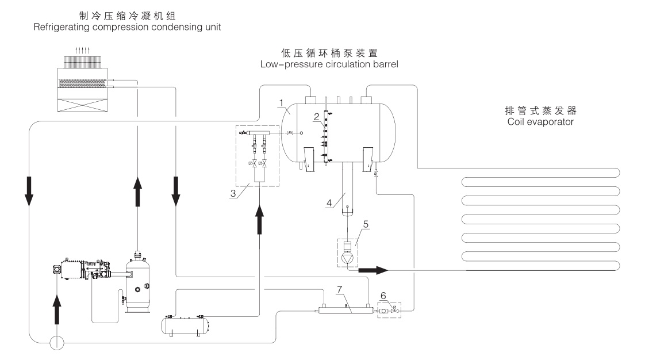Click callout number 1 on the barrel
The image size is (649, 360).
pyautogui.click(x=282, y=103)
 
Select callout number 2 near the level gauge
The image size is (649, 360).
pyautogui.click(x=317, y=117)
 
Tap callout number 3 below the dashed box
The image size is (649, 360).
pyautogui.click(x=233, y=193)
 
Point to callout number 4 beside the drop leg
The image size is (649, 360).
pyautogui.click(x=329, y=203)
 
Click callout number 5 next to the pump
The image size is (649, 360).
pyautogui.click(x=366, y=224)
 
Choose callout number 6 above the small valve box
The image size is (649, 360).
pyautogui.click(x=383, y=296)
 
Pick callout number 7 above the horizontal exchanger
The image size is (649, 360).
pyautogui.click(x=339, y=289)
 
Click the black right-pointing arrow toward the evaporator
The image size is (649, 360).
pyautogui.click(x=373, y=270)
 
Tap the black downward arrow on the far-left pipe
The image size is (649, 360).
pyautogui.click(x=29, y=192)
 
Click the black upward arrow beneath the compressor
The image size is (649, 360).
pyautogui.click(x=57, y=309)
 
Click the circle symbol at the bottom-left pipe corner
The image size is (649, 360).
pyautogui.click(x=57, y=343)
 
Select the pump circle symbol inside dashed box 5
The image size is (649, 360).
pyautogui.click(x=348, y=259)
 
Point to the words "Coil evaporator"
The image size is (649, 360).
pyautogui.click(x=540, y=122)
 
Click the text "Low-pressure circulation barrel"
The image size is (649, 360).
pyautogui.click(x=329, y=64)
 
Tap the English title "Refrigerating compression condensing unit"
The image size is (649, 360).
pyautogui.click(x=127, y=27)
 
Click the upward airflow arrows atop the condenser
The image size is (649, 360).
pyautogui.click(x=82, y=51)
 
